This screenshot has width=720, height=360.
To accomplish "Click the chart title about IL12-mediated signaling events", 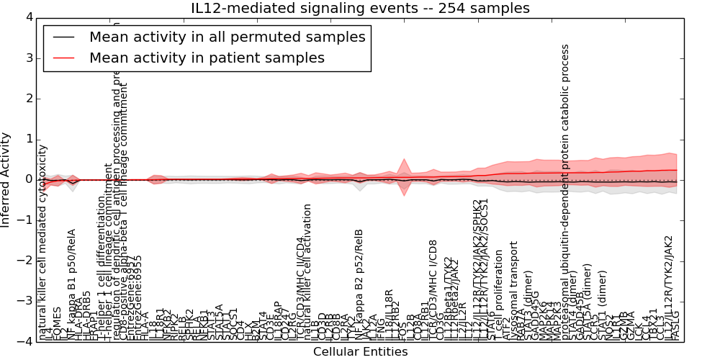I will pos(359,8).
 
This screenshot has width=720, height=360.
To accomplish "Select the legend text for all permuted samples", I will pos(228,37).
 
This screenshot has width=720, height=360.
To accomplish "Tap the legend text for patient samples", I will pos(207,58).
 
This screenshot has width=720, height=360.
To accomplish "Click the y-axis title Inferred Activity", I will pos(6,180).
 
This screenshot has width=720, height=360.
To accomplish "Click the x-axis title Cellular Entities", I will pos(360,352).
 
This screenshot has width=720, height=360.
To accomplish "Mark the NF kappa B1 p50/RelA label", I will pos(72,284).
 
